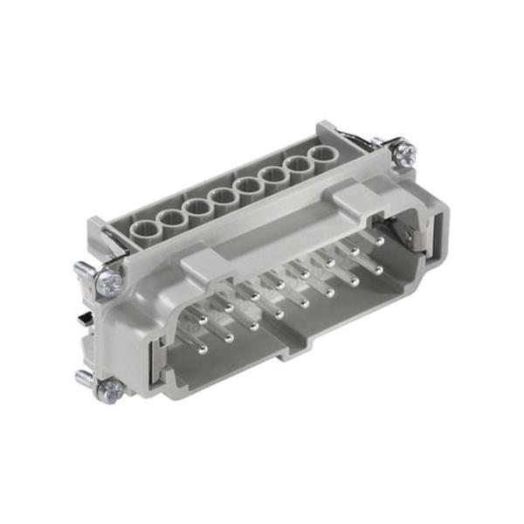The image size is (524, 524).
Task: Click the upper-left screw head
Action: click(110, 281)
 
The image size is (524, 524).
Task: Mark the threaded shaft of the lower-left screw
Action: click(86, 377)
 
